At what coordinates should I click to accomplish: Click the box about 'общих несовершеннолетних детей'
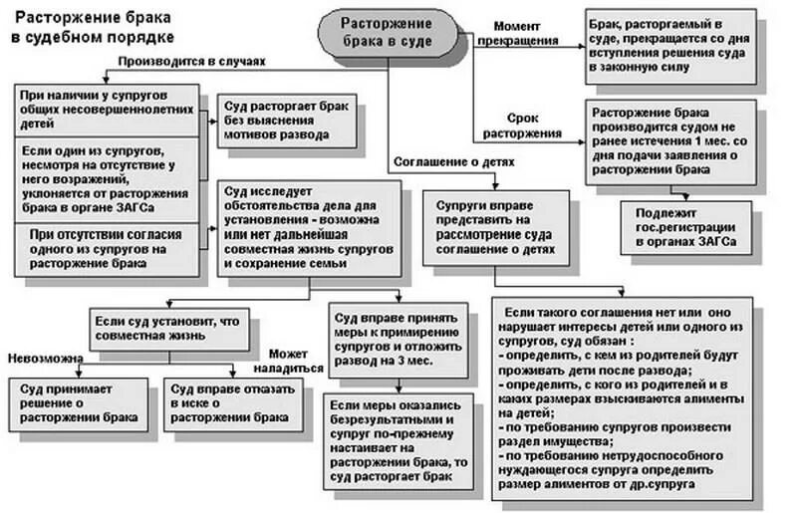tap(106, 111)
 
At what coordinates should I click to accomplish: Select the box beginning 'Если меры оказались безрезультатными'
tap(397, 440)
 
